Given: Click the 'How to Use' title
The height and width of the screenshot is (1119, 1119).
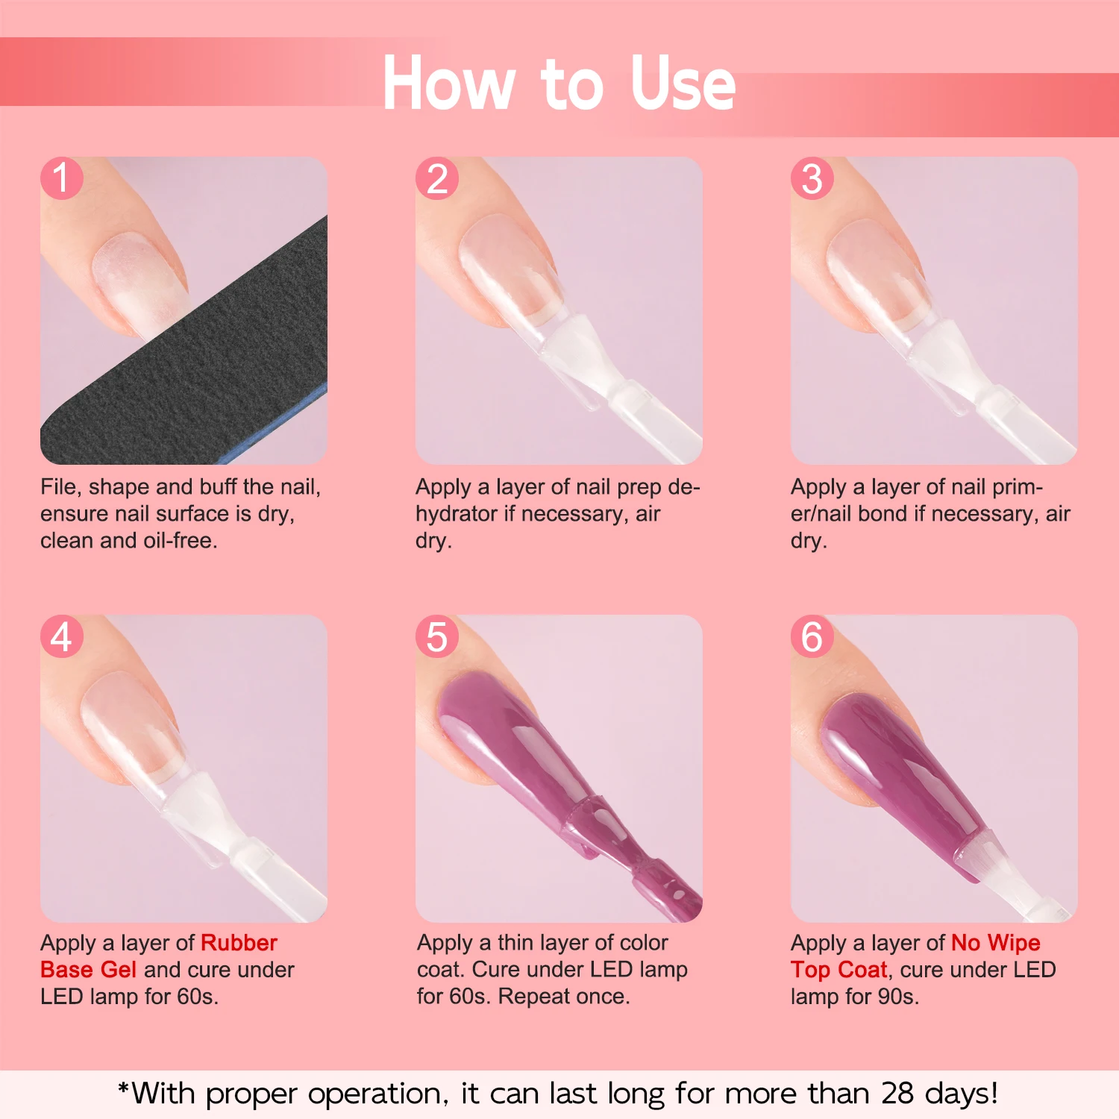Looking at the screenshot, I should pyautogui.click(x=559, y=84).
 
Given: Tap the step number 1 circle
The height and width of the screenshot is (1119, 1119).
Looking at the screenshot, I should pyautogui.click(x=61, y=178).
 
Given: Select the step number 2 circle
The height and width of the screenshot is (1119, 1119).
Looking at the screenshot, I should pyautogui.click(x=437, y=178).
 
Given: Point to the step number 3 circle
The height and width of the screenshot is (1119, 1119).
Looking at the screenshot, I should pyautogui.click(x=812, y=178).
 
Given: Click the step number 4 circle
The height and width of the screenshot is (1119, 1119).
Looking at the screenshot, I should pyautogui.click(x=61, y=636).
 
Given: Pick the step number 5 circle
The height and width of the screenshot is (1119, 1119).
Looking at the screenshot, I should pyautogui.click(x=437, y=636).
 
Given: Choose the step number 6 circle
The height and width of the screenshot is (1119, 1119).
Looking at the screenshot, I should pyautogui.click(x=812, y=636).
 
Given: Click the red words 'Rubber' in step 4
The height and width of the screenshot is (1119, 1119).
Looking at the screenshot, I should pyautogui.click(x=239, y=943).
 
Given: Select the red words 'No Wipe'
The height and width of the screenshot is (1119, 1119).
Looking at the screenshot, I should pyautogui.click(x=995, y=943).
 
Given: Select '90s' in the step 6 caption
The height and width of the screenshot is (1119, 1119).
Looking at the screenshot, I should pyautogui.click(x=897, y=997).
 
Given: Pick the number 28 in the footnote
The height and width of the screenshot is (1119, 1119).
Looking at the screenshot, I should pyautogui.click(x=897, y=1094).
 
